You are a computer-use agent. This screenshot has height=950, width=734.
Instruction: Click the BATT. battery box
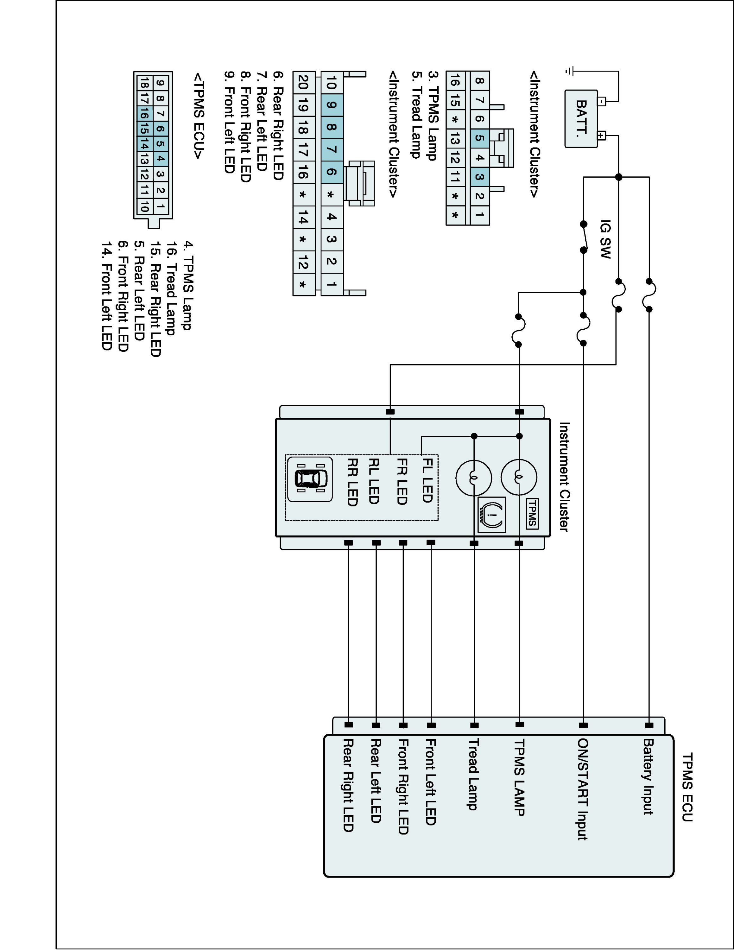click(x=581, y=118)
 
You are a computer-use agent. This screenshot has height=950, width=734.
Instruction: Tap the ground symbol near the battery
click(x=569, y=71)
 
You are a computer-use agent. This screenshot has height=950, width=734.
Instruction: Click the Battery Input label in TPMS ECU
click(x=648, y=776)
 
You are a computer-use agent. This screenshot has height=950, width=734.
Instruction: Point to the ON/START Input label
click(x=583, y=789)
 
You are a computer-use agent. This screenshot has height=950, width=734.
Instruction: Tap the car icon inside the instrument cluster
click(x=310, y=479)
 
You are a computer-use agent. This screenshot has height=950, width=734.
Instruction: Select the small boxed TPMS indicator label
click(x=532, y=514)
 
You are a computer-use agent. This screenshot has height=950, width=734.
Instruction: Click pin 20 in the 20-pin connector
click(x=304, y=82)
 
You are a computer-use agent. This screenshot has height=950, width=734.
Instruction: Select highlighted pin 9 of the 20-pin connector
click(x=332, y=105)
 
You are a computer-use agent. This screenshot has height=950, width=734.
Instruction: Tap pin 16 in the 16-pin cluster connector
click(x=455, y=80)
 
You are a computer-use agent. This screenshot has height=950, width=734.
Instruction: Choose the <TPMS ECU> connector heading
click(x=198, y=116)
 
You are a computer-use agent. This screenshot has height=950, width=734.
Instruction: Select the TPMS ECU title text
click(x=687, y=787)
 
